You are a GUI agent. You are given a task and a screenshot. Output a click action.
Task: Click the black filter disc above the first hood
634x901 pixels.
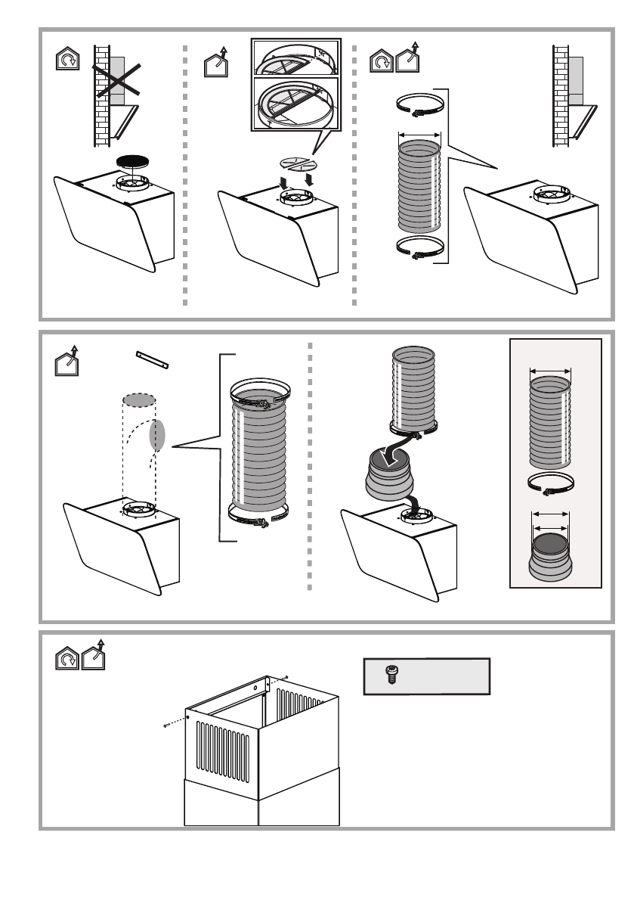point(133,162)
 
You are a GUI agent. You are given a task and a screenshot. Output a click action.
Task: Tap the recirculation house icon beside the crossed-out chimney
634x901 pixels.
point(68,59)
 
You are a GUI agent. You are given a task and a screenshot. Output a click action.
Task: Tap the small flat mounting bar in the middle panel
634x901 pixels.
point(153,358)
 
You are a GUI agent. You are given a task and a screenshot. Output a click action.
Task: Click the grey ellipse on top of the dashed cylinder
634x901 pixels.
point(140,399)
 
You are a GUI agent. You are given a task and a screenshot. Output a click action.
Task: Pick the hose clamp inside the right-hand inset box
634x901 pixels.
point(549,484)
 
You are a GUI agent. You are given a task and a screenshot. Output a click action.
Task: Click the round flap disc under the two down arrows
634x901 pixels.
point(297,164)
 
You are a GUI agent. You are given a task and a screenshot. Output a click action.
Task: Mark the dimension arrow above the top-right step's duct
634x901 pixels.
point(418,135)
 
